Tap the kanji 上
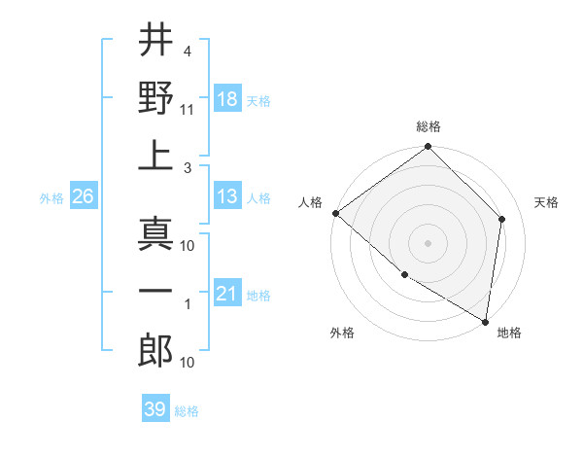[155, 156]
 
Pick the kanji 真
[155, 233]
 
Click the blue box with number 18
[227, 98]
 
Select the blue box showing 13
[227, 196]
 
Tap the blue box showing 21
[227, 294]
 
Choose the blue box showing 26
[83, 196]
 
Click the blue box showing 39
[154, 409]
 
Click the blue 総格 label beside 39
[187, 411]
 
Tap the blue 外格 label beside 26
[51, 197]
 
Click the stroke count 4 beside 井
[186, 51]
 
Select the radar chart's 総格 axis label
[428, 126]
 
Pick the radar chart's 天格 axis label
[546, 202]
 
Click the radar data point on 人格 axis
[335, 213]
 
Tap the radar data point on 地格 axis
[485, 321]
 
